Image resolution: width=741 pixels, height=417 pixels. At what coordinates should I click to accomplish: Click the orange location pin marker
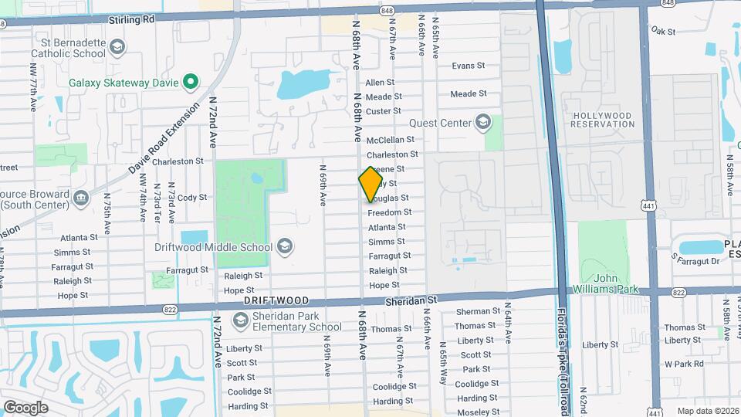tap(370, 185)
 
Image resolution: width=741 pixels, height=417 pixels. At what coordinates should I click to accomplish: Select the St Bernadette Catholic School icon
tap(117, 48)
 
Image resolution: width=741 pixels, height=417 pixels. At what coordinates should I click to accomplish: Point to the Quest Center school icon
tap(483, 122)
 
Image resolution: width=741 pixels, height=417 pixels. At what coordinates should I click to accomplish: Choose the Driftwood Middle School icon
tap(284, 247)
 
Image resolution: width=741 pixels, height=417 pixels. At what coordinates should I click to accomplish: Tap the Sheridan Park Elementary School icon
tap(240, 320)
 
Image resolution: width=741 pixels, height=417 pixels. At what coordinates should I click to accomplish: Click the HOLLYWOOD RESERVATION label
tap(602, 120)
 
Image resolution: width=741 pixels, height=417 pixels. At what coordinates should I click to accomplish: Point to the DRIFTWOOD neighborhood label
tap(276, 300)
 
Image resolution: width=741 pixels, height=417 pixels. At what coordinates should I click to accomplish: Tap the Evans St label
tap(468, 66)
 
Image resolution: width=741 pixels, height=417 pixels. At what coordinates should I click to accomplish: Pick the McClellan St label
tap(391, 140)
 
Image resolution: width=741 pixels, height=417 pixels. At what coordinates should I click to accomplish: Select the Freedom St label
tap(389, 212)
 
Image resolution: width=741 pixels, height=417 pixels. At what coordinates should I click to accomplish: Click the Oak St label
tap(663, 31)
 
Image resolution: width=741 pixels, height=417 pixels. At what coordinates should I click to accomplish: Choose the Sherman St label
tap(473, 312)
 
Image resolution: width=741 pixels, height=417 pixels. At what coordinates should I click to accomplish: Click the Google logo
tap(25, 407)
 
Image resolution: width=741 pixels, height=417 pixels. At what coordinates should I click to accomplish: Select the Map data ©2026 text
tap(707, 411)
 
